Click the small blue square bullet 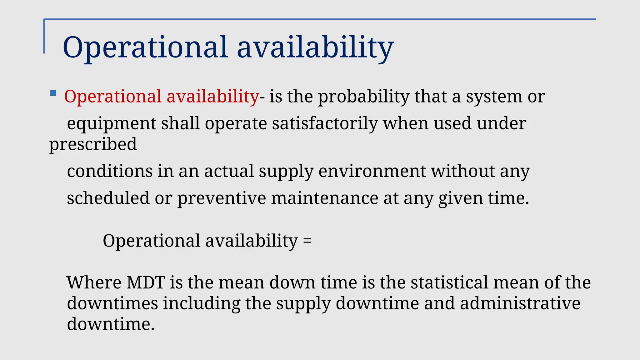click(x=53, y=93)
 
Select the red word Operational click(x=113, y=97)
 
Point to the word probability click(x=364, y=97)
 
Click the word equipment click(x=111, y=124)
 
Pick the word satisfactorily click(x=325, y=124)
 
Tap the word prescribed click(x=93, y=144)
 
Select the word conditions click(x=109, y=171)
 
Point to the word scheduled click(x=108, y=198)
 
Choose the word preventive click(x=222, y=198)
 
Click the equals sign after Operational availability click(x=307, y=241)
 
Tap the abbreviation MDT click(x=146, y=282)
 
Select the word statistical click(x=449, y=282)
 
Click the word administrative click(x=520, y=303)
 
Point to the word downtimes click(x=112, y=303)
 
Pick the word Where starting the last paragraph click(x=94, y=282)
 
